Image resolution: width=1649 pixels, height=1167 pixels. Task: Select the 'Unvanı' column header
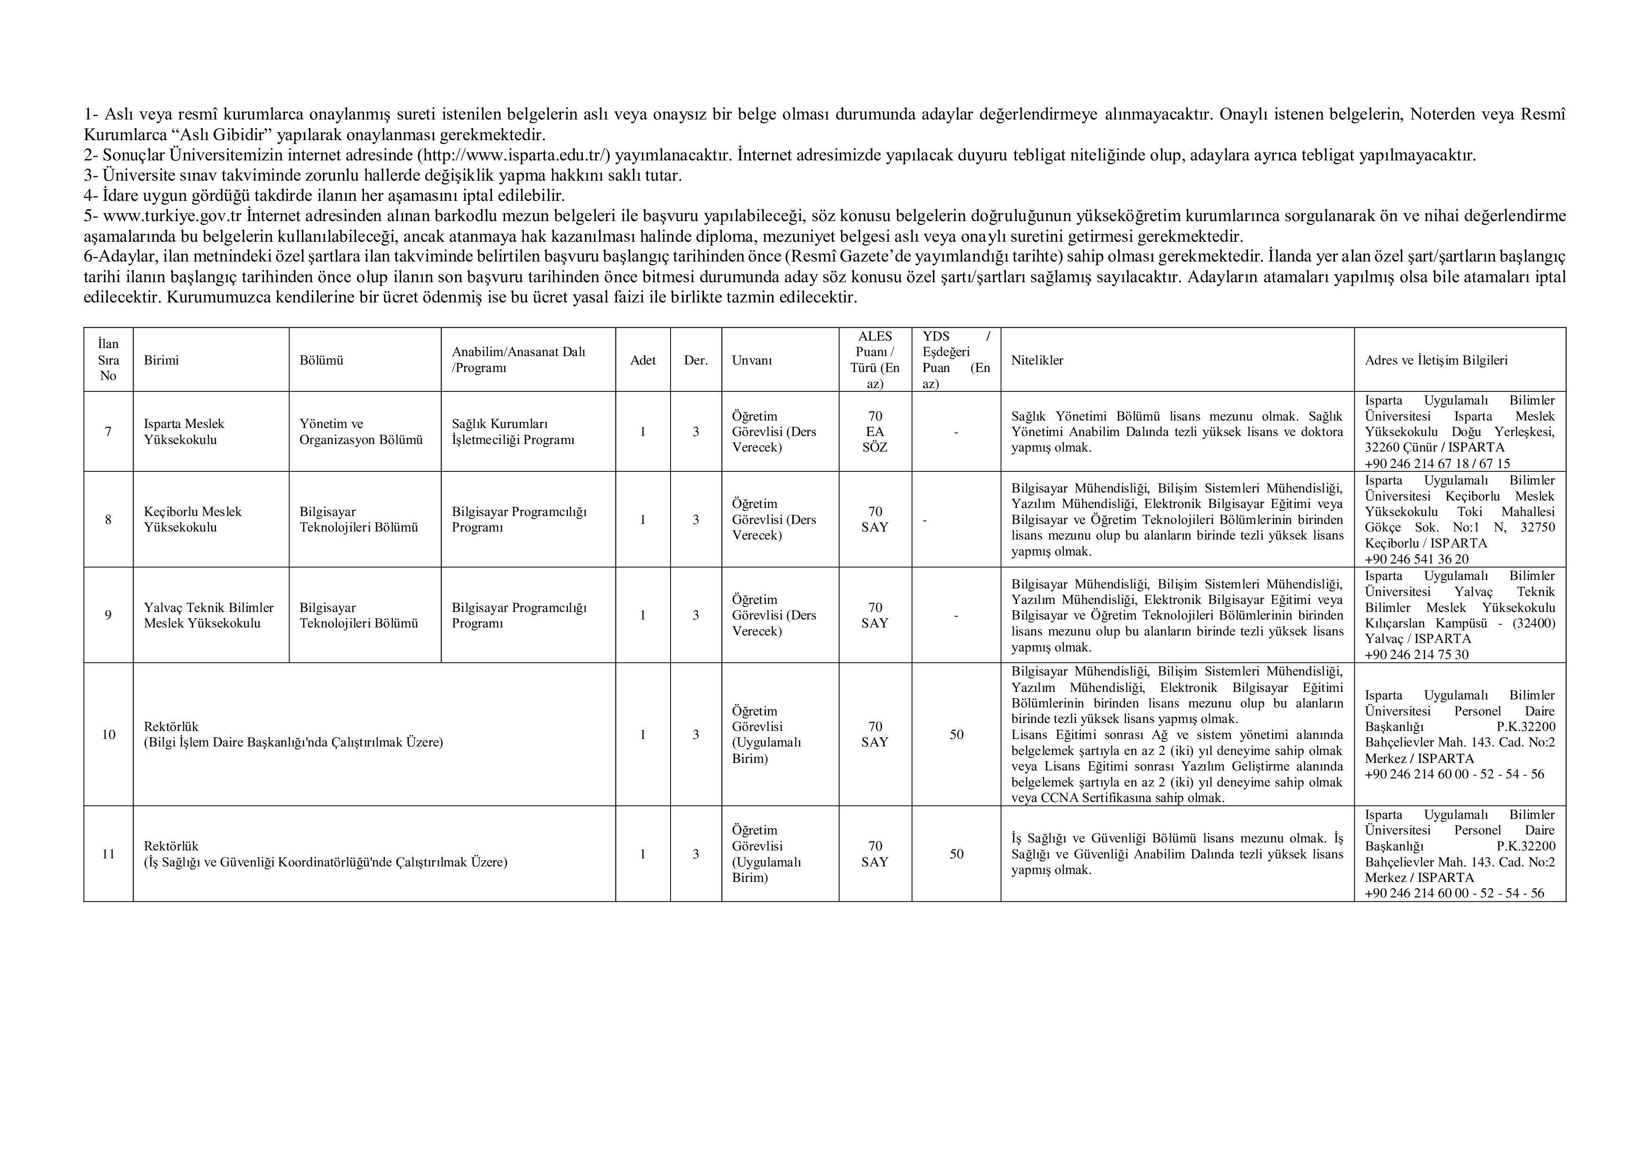[x=752, y=360]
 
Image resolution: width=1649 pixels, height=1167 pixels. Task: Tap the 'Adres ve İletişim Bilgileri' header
[x=1436, y=360]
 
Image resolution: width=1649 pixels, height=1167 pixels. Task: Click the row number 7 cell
[x=109, y=431]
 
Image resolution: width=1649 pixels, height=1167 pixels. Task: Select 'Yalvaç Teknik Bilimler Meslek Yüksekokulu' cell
[x=208, y=615]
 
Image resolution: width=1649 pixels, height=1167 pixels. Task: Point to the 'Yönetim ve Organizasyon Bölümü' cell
[x=361, y=431]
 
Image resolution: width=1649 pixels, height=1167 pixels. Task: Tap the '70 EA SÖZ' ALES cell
[x=875, y=431]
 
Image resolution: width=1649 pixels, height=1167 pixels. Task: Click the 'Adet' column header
[x=643, y=360]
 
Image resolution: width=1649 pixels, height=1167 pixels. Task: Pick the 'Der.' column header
[x=695, y=360]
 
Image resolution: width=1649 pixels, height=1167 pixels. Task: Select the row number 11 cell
[x=109, y=854]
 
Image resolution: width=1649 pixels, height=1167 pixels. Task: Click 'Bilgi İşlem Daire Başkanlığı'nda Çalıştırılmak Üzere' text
[x=293, y=742]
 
